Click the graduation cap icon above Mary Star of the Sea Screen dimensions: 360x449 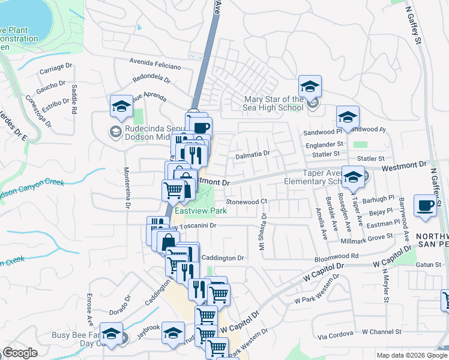(310, 86)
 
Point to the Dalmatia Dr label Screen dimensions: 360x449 (252, 154)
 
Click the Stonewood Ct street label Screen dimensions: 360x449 (246, 202)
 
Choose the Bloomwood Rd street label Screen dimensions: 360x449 (336, 256)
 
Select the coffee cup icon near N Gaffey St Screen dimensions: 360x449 (426, 205)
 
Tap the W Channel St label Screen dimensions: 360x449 (381, 332)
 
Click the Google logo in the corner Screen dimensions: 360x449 (20, 353)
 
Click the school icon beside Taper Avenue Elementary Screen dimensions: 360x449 (353, 177)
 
